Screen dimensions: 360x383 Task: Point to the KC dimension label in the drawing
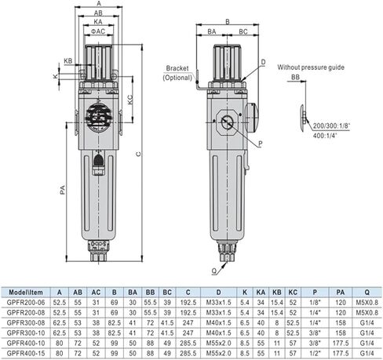tap(129, 100)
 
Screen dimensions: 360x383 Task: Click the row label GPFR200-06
tap(24, 302)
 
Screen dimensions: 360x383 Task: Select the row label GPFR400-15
tap(24, 353)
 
